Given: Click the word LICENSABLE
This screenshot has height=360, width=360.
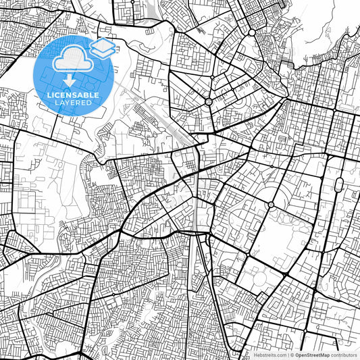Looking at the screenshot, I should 72,95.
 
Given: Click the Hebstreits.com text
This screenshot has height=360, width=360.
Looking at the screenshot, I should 269,355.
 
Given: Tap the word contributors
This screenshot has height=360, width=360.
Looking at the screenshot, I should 344,355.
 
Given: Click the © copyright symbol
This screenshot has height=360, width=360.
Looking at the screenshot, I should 292,355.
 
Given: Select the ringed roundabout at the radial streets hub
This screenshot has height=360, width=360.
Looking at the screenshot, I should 209,101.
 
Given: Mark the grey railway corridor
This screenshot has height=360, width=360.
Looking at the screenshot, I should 197,216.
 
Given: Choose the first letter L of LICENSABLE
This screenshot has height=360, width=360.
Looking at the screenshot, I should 47,95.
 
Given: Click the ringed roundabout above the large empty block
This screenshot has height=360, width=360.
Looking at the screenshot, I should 271,204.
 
